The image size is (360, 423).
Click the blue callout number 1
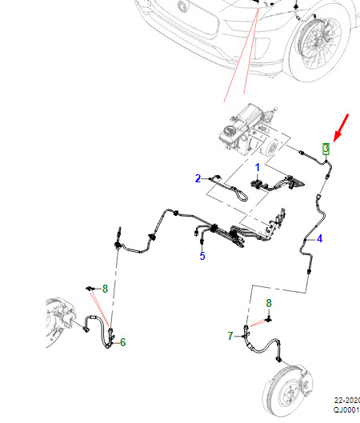[x=258, y=168]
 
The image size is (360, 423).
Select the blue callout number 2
[x=198, y=178]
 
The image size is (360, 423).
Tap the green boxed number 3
[x=326, y=149]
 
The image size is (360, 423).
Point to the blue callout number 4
[x=320, y=238]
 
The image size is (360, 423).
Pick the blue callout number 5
[x=202, y=256]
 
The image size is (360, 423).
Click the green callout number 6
[x=122, y=342]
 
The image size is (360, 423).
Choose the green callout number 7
[x=230, y=336]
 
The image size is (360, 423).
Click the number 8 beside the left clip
[x=105, y=289]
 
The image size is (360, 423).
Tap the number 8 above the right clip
[x=269, y=303]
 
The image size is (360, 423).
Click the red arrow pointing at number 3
[x=341, y=128]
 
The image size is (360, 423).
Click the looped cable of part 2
[x=242, y=195]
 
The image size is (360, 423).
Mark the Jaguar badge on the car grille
[x=182, y=6]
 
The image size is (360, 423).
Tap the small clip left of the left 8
[x=90, y=289]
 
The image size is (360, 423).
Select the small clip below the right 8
[x=269, y=319]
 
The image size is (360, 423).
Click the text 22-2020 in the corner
[x=347, y=400]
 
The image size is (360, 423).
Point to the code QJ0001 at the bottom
[x=346, y=409]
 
